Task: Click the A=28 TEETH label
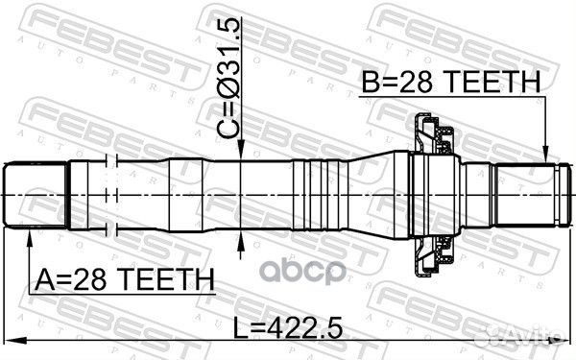pos(124,279)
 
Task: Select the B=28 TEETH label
pos(449,85)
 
